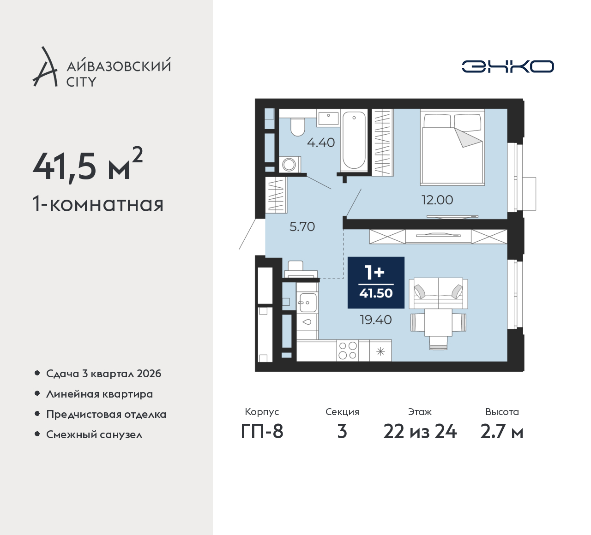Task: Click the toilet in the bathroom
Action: click(x=297, y=127)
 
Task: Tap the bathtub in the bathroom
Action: click(x=354, y=140)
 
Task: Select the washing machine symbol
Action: click(x=290, y=164)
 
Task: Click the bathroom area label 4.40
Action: click(x=321, y=143)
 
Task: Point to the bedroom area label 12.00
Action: click(x=437, y=200)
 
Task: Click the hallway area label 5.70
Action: click(x=302, y=226)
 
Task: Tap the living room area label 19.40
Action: click(x=376, y=320)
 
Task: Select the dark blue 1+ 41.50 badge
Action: click(x=376, y=283)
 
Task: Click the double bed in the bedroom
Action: click(x=452, y=148)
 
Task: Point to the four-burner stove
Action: click(x=348, y=351)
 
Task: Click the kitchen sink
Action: click(x=308, y=303)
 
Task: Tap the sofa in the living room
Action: click(x=438, y=293)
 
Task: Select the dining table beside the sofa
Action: click(x=438, y=322)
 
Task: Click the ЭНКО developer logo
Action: click(x=507, y=66)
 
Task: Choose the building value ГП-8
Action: click(x=262, y=432)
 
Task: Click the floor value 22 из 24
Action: click(x=420, y=432)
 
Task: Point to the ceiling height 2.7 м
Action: click(x=502, y=432)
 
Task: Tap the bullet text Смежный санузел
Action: click(x=94, y=434)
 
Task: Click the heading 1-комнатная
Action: click(x=98, y=204)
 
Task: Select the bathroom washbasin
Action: click(x=328, y=119)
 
